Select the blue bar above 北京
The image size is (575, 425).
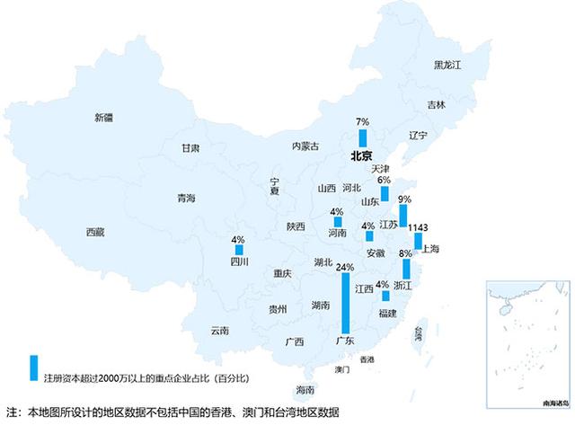click(363, 137)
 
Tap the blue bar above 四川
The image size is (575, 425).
click(239, 250)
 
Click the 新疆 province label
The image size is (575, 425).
click(104, 118)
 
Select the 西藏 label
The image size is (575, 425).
click(95, 232)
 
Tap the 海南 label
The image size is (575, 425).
click(305, 391)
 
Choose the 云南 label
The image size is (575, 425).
click(220, 331)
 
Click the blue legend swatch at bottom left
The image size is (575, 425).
click(33, 367)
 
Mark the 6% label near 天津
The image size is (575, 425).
click(384, 180)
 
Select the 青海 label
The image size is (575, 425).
click(186, 199)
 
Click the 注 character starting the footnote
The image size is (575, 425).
click(11, 413)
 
